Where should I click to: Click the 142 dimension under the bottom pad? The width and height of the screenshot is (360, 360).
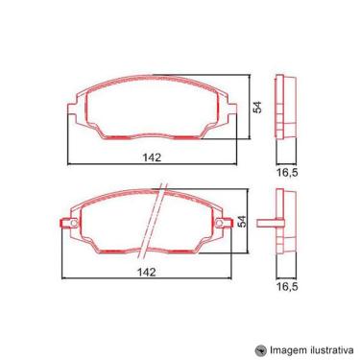click(x=147, y=272)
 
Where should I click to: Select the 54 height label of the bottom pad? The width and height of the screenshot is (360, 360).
click(x=244, y=221)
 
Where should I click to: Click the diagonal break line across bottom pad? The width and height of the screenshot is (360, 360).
click(x=154, y=221)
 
